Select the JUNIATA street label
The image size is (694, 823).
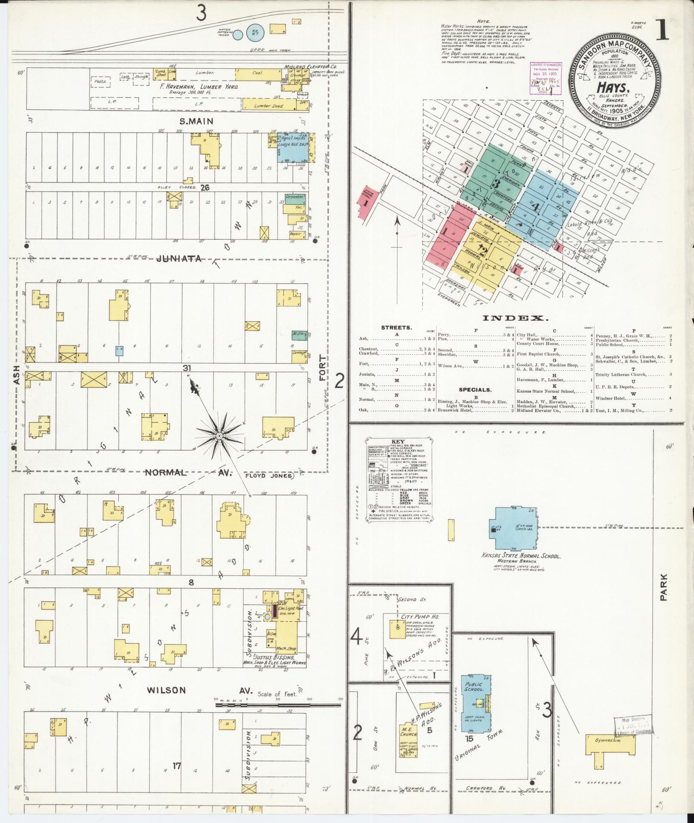179,259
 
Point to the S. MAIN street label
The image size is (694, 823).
196,122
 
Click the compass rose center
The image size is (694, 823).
219,436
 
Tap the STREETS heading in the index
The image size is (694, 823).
397,327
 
